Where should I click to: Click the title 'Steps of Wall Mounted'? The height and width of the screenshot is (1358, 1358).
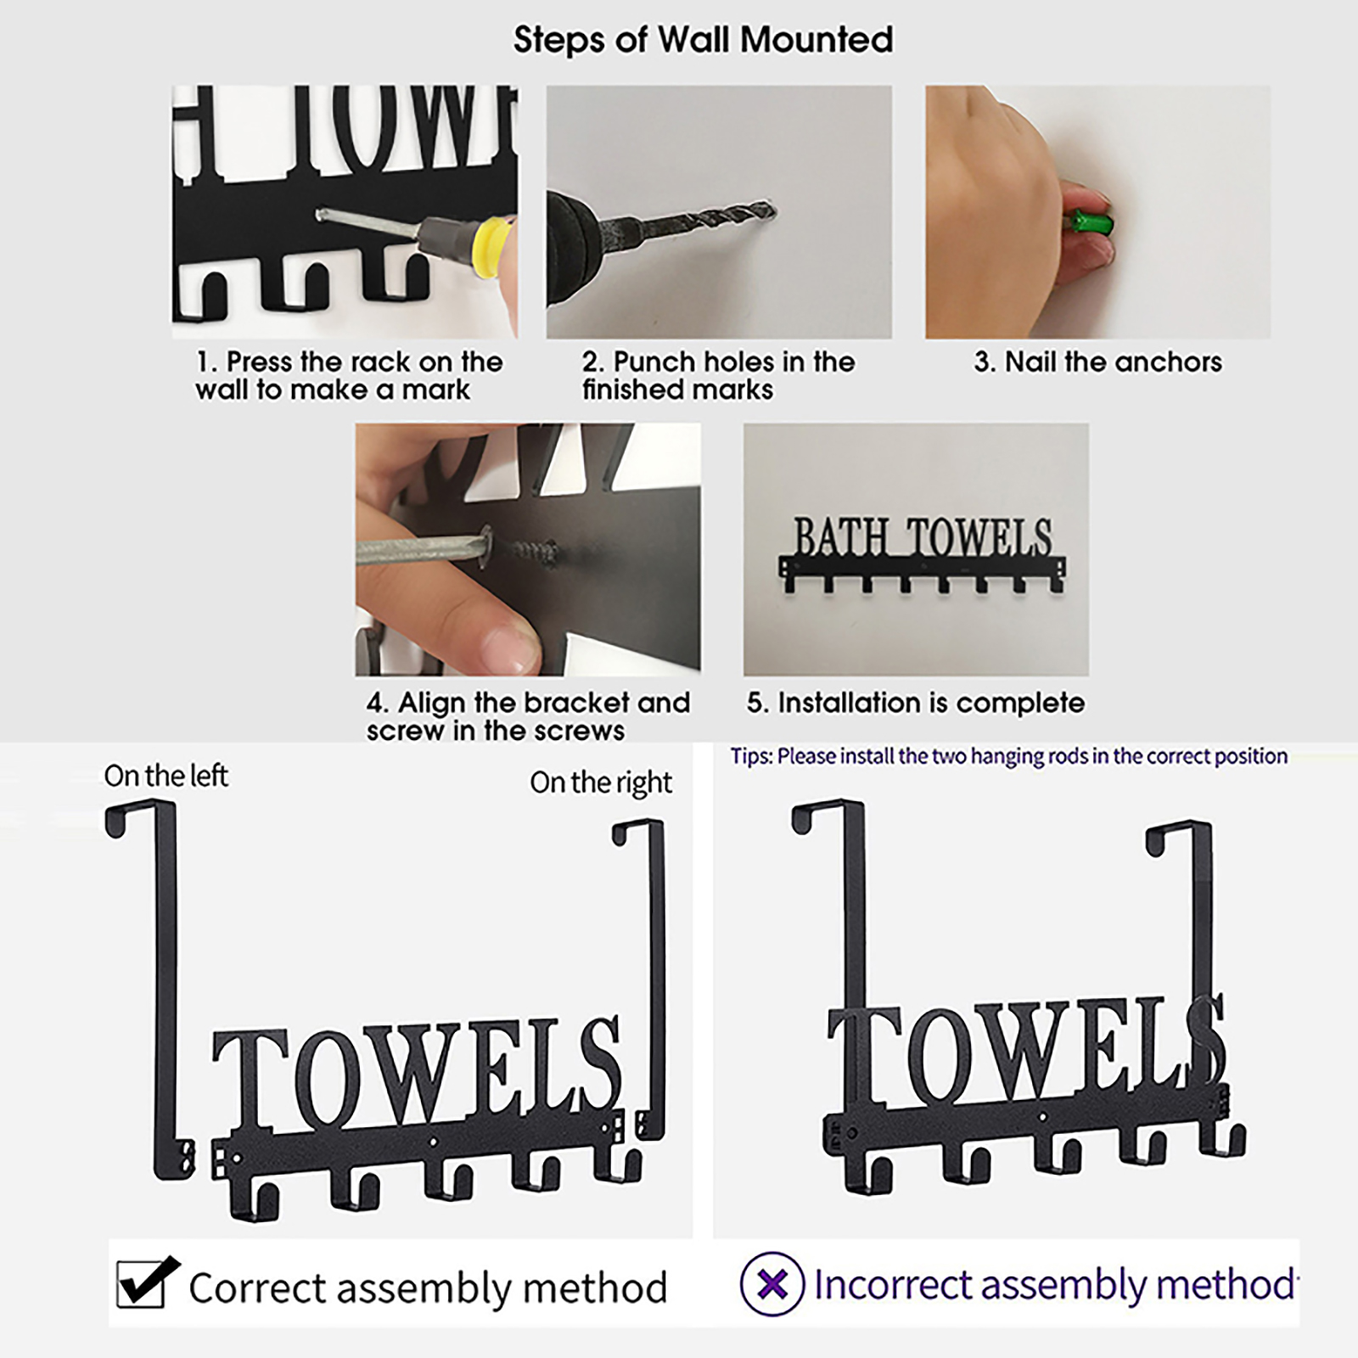703,40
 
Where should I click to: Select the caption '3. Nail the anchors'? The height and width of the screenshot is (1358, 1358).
1097,362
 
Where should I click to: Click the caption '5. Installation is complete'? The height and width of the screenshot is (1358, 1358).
915,703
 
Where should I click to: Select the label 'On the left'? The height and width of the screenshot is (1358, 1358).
166,776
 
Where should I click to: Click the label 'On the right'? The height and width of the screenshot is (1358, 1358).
601,783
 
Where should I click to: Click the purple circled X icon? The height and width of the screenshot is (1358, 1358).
772,1284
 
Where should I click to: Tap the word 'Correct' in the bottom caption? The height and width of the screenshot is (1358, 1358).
257,1288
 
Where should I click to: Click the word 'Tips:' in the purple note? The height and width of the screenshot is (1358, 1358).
751,756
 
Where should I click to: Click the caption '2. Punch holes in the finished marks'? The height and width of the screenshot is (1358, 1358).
718,376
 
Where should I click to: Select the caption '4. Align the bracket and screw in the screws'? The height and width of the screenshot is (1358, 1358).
528,716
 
